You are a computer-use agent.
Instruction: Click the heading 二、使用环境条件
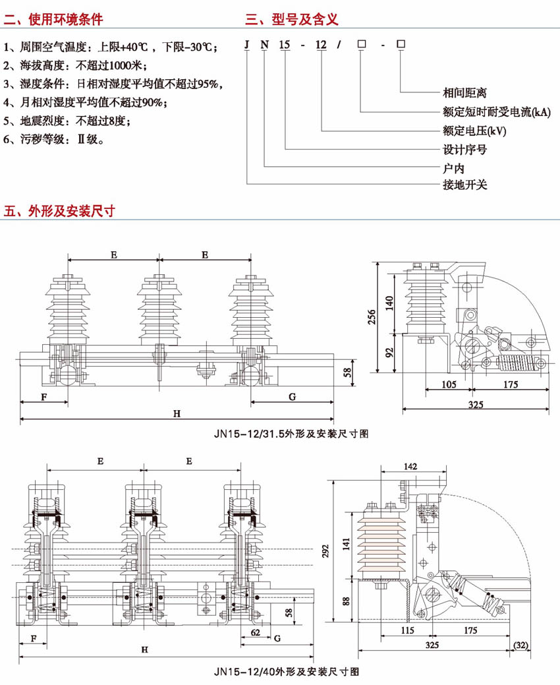point(54,19)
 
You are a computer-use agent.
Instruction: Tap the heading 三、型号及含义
point(292,19)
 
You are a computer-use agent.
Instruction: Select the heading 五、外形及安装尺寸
point(60,211)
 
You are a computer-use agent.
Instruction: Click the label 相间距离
point(464,93)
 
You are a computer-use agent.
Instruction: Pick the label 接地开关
point(464,185)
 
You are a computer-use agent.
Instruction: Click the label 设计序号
point(464,149)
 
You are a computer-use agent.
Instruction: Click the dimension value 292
point(343,554)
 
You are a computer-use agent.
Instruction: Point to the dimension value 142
point(410,466)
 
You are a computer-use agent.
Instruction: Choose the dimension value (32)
point(520,643)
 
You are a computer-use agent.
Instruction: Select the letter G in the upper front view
point(292,396)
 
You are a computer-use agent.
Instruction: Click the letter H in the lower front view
point(144,649)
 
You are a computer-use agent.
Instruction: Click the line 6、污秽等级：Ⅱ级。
point(53,140)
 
